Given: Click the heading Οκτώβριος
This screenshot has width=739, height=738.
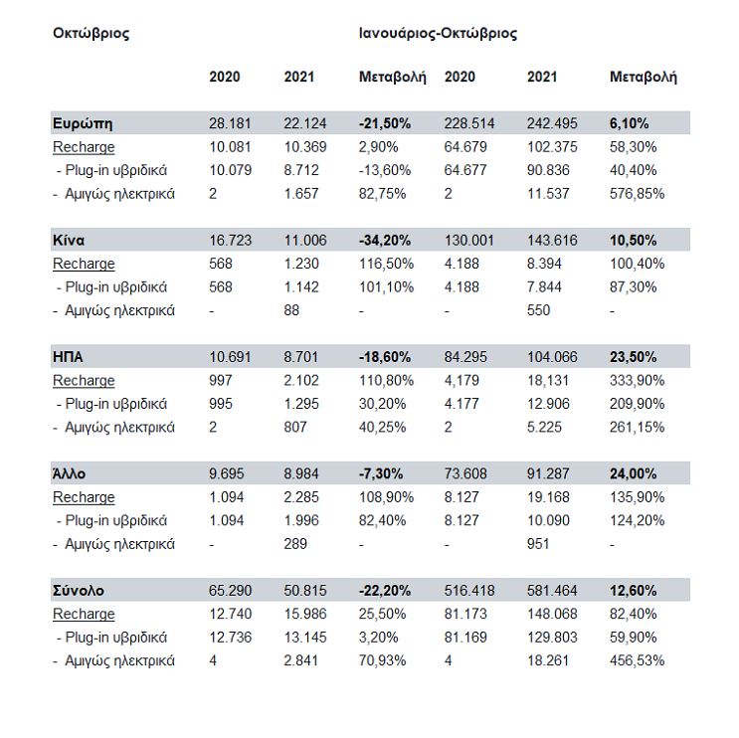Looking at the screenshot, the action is click(x=91, y=34).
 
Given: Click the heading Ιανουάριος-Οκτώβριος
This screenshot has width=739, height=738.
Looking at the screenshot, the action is click(x=438, y=34).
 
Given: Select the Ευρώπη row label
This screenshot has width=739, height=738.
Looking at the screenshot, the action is click(x=83, y=123).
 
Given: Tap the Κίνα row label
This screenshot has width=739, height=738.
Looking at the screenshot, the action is click(x=69, y=241).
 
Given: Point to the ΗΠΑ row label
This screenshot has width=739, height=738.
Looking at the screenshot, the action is click(x=68, y=357).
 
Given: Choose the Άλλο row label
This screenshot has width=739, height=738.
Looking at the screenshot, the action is click(x=69, y=473).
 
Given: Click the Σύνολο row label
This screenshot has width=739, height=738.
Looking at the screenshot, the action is click(x=79, y=591).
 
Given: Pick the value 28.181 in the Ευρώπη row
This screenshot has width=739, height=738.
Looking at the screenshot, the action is click(x=230, y=123).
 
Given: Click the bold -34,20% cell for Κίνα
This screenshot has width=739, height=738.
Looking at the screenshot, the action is click(x=385, y=241).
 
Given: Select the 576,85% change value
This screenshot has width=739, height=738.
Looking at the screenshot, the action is click(x=637, y=194).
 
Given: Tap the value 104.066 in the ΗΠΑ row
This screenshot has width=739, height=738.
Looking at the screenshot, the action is click(x=552, y=357).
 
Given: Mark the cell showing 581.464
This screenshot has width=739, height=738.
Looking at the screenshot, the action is click(x=552, y=591).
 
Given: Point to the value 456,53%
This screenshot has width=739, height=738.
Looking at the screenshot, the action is click(x=637, y=660).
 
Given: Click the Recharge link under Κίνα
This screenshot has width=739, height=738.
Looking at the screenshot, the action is click(x=84, y=264).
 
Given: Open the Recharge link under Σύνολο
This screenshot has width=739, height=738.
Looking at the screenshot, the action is click(x=84, y=614).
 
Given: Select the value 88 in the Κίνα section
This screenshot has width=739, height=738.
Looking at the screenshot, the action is click(x=291, y=310).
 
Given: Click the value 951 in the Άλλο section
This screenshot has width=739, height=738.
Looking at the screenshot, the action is click(x=538, y=544).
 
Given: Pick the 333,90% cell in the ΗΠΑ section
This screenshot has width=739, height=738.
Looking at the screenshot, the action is click(x=637, y=380).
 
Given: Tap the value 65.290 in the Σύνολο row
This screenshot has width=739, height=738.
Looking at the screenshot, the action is click(x=230, y=591).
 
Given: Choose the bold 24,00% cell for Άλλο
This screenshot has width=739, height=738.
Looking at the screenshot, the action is click(x=633, y=473).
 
